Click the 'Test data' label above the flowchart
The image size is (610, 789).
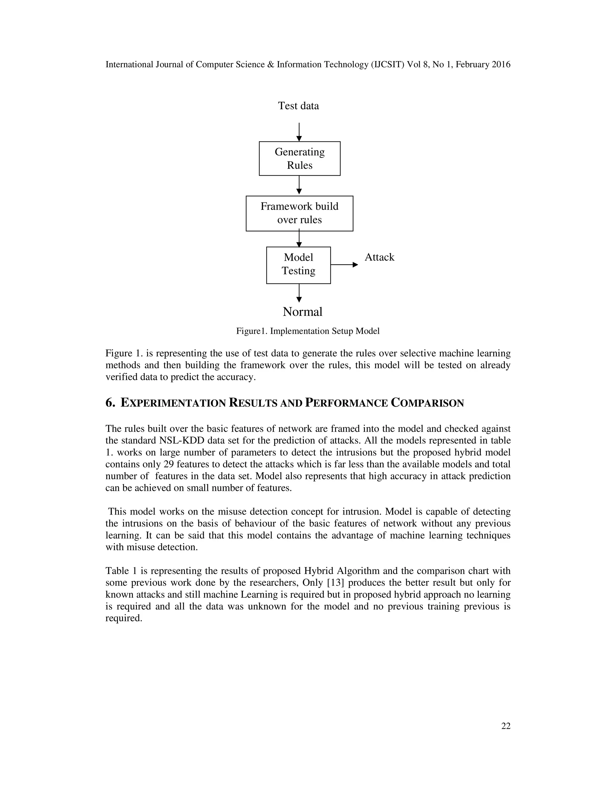pyautogui.click(x=298, y=106)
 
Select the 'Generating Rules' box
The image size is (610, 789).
pyautogui.click(x=300, y=159)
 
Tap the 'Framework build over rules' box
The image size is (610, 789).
pyautogui.click(x=299, y=213)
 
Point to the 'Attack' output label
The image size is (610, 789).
pyautogui.click(x=379, y=257)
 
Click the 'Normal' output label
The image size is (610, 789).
pyautogui.click(x=303, y=312)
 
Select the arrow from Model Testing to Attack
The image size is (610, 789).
pyautogui.click(x=344, y=265)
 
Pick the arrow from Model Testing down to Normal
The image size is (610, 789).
pyautogui.click(x=299, y=293)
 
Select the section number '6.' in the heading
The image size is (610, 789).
pyautogui.click(x=110, y=403)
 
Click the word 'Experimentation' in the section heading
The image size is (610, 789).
pyautogui.click(x=173, y=403)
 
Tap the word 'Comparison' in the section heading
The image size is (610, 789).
pyautogui.click(x=427, y=403)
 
